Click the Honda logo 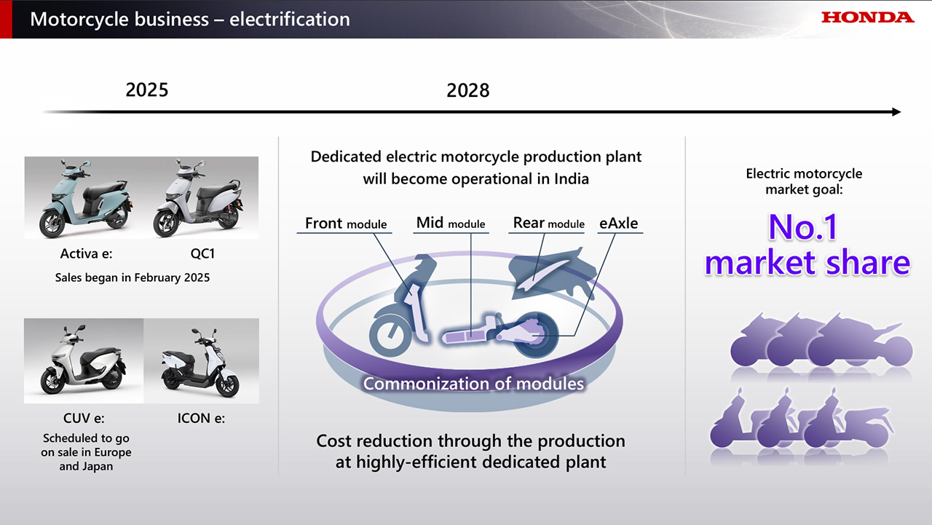point(867,17)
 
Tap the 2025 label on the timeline point(147,90)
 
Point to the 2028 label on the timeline point(468,90)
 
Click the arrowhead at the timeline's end point(896,112)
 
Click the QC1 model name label point(202,253)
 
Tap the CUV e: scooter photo point(84,360)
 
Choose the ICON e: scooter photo point(202,360)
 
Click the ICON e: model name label point(202,418)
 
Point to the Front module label point(346,224)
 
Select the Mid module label point(451,223)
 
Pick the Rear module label point(548,223)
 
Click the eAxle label point(619,224)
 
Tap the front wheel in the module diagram point(390,334)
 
